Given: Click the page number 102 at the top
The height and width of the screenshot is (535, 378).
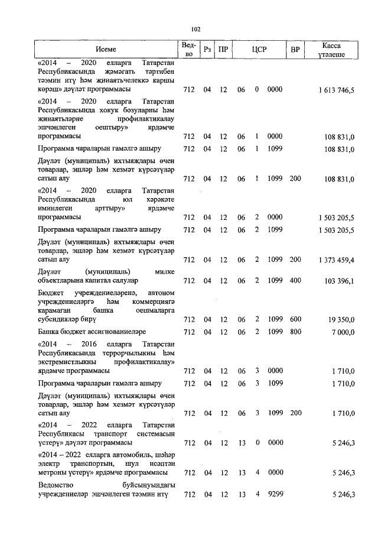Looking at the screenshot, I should (197, 28).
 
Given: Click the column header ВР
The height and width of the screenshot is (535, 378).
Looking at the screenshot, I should (295, 50).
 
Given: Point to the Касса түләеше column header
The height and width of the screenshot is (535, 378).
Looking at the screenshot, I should (335, 50).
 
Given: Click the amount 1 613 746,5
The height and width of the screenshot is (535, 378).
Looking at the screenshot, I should (335, 90).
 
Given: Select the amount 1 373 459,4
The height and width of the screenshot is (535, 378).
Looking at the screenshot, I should (335, 260).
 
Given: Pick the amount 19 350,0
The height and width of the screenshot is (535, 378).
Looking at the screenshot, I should (341, 319).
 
